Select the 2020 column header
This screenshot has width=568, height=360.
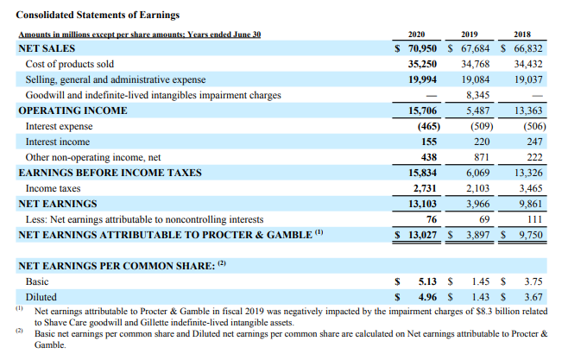[415, 35]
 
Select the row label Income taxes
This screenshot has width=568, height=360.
[54, 187]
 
